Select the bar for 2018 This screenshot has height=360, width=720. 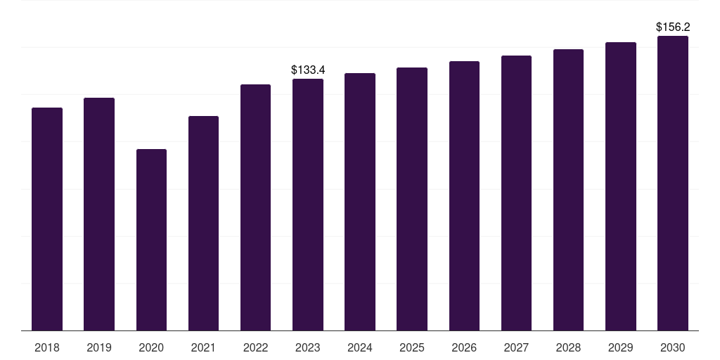(x=47, y=219)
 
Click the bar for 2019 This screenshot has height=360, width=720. (x=99, y=214)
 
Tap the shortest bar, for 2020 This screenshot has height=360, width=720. (x=151, y=240)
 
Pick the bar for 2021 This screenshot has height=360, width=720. (x=203, y=223)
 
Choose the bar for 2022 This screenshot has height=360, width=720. (x=255, y=207)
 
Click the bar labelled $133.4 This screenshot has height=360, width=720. (x=308, y=205)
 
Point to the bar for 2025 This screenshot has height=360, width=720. (x=412, y=199)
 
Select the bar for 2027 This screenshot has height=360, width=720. (x=516, y=193)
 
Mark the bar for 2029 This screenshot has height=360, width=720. (x=621, y=186)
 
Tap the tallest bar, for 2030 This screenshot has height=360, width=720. (x=673, y=183)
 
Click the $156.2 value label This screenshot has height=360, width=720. (x=673, y=27)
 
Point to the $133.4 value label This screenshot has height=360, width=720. (x=308, y=70)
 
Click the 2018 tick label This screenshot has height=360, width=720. (x=47, y=347)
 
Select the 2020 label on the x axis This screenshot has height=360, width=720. (x=151, y=347)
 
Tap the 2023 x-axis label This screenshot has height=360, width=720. (x=308, y=347)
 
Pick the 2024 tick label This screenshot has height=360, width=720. (x=360, y=347)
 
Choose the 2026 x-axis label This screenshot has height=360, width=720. (x=464, y=347)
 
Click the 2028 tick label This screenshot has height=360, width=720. (x=568, y=347)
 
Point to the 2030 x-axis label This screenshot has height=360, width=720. (x=673, y=347)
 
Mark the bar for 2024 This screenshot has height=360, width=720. (x=360, y=202)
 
